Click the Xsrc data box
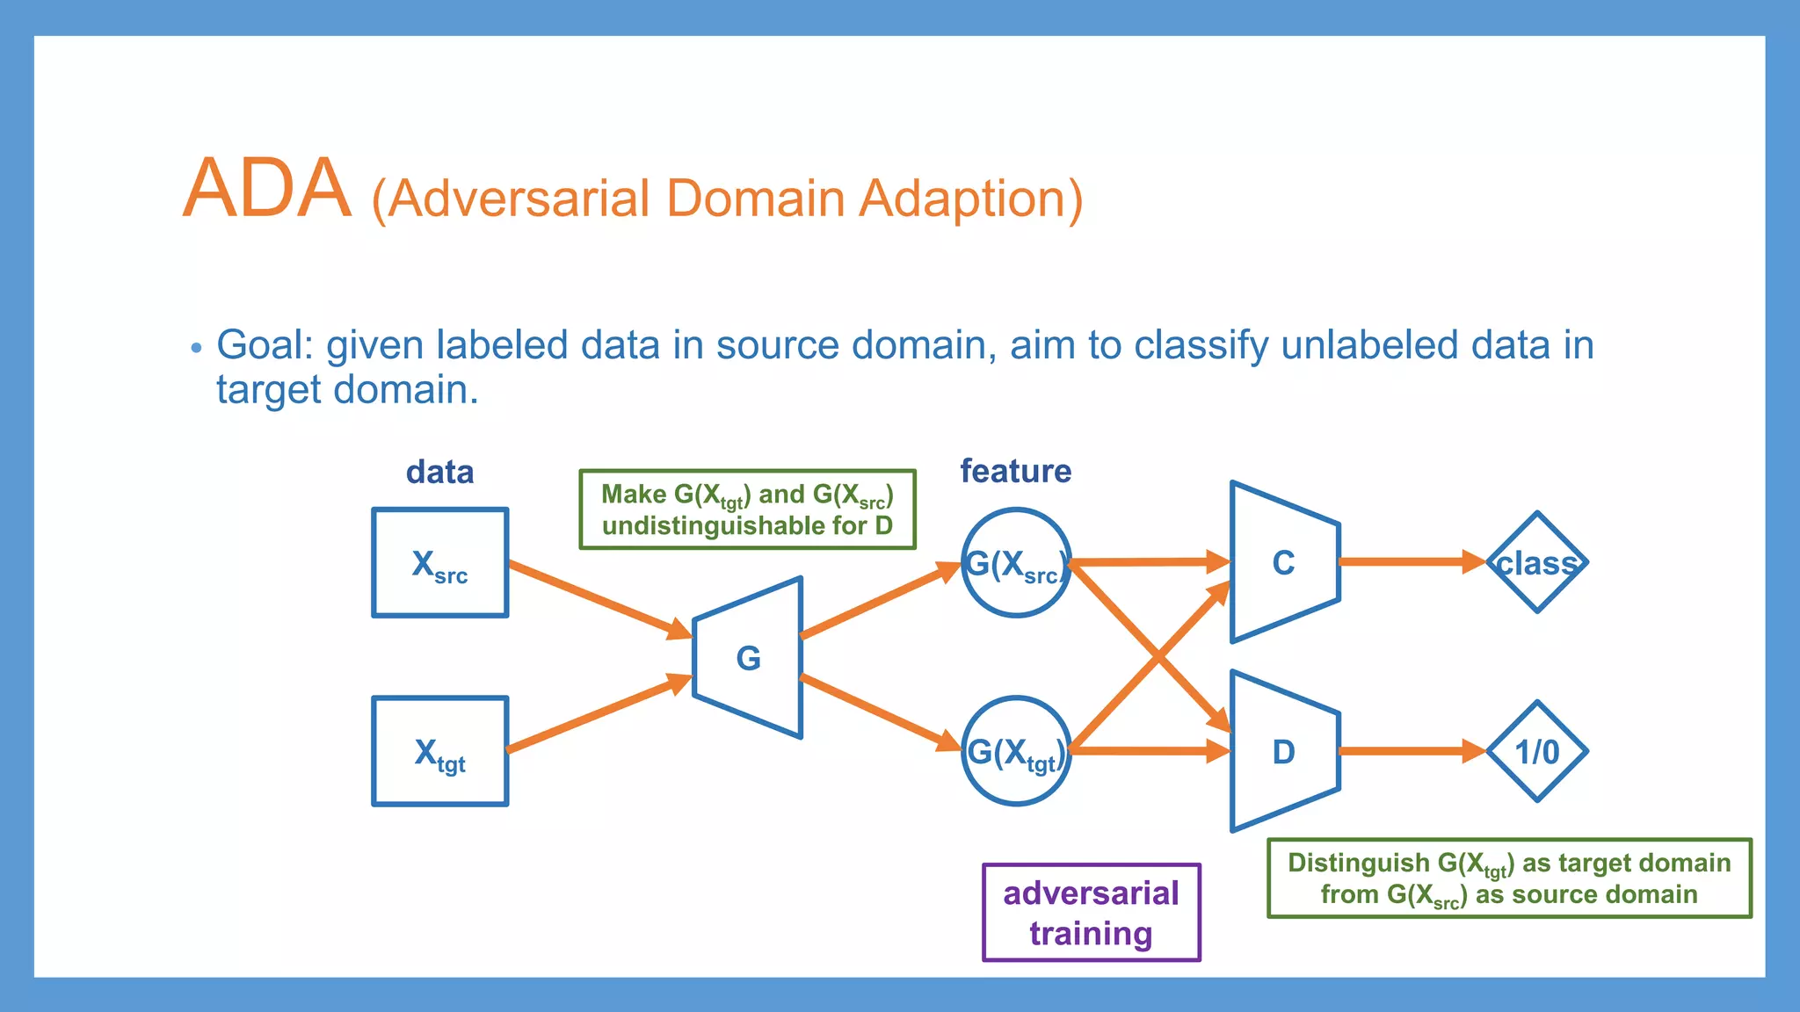(439, 562)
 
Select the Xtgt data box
(439, 751)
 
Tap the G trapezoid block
(748, 658)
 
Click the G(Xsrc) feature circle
(1015, 562)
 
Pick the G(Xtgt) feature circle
(1015, 751)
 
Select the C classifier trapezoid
(1284, 562)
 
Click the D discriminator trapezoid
(1284, 752)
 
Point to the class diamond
(1536, 562)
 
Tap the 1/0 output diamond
(1536, 752)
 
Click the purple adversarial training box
(1091, 913)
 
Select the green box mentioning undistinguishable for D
(747, 510)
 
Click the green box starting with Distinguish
(1509, 878)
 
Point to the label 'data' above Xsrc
(439, 473)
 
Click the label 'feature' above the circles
(1015, 472)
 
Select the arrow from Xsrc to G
(598, 597)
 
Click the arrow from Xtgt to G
(598, 714)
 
